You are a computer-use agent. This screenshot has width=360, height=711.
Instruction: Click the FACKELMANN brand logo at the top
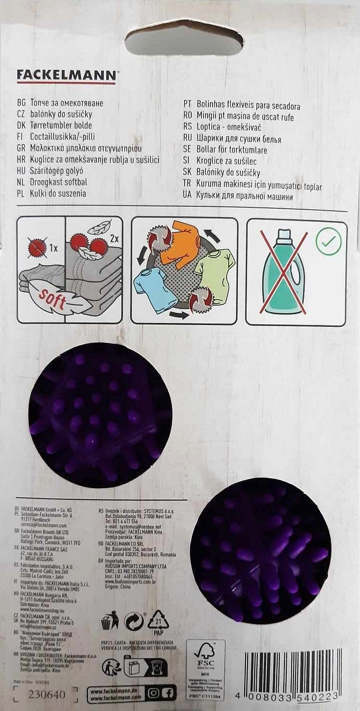[66, 76]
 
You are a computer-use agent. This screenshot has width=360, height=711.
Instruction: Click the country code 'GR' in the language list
[21, 148]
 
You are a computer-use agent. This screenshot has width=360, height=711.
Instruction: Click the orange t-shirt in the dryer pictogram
[180, 244]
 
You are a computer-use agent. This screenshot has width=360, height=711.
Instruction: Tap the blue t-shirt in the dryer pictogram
[154, 289]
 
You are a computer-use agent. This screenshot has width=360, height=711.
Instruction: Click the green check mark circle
[329, 241]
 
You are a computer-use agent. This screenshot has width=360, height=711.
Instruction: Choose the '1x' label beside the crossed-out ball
[53, 248]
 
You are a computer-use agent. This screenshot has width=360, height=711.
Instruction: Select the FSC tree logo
[206, 652]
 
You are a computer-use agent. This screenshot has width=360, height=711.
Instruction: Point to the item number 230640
[47, 695]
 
